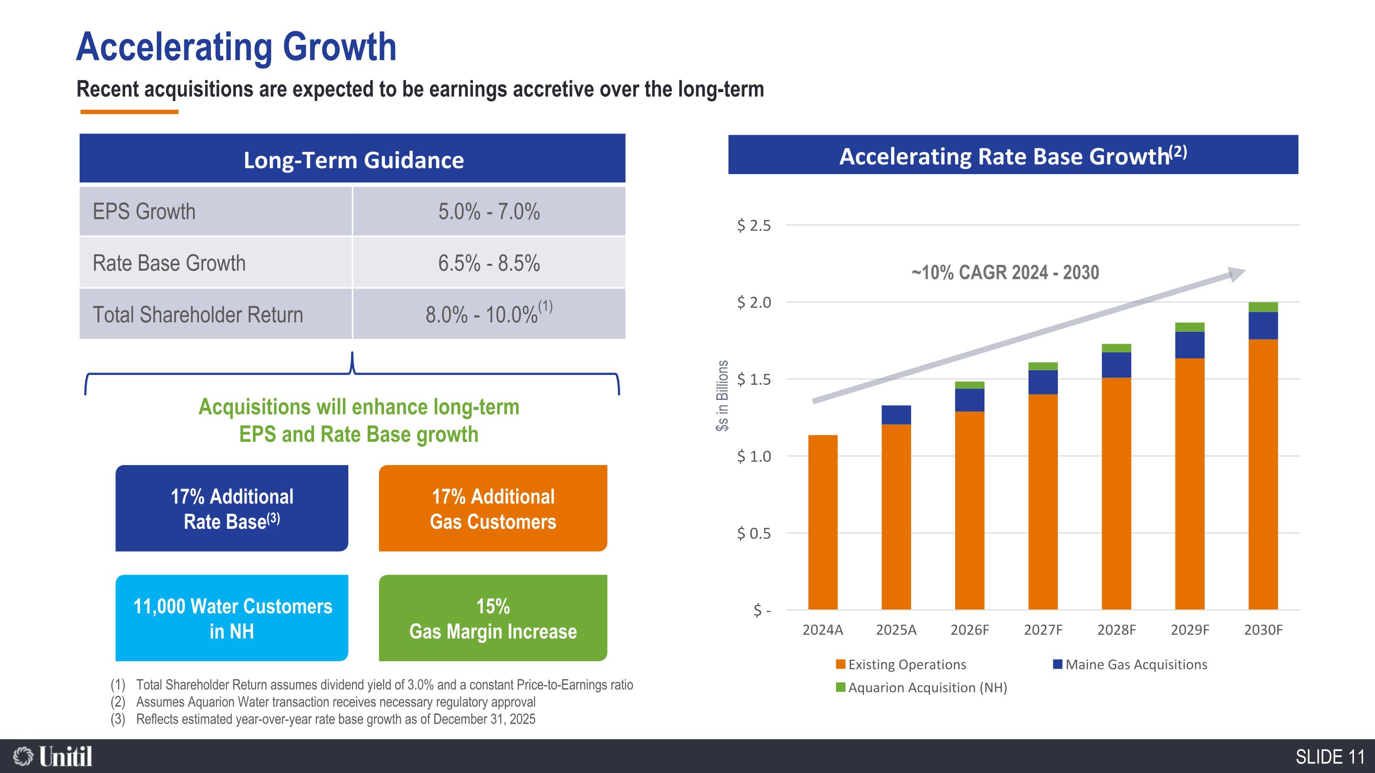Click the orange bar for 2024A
[823, 522]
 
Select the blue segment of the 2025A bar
[896, 415]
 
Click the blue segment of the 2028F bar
[1116, 365]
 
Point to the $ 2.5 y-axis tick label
[753, 225]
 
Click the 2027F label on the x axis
[1043, 630]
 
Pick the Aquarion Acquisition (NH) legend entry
[921, 688]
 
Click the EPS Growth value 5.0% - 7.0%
[489, 212]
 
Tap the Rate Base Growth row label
[169, 263]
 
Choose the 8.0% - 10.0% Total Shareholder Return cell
[489, 314]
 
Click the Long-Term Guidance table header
[352, 159]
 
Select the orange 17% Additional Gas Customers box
[493, 509]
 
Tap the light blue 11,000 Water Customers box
[231, 618]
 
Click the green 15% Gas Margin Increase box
[493, 618]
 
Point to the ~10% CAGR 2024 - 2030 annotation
[1005, 273]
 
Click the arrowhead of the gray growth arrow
[1236, 274]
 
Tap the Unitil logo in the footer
[52, 757]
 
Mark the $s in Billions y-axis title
[722, 396]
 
